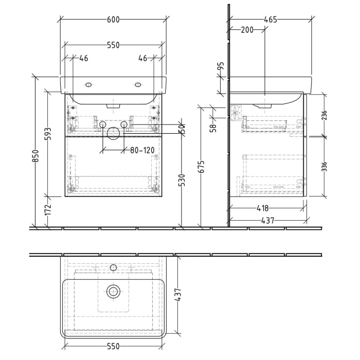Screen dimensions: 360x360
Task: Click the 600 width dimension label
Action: point(114,20)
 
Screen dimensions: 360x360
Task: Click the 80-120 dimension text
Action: point(141,151)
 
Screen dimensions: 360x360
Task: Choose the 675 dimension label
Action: point(202,167)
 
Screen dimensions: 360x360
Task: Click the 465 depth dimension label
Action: point(270,20)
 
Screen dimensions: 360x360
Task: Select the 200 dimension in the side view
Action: point(247,30)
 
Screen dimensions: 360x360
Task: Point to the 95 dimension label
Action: point(221,67)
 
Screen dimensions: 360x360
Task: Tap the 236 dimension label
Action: point(324,115)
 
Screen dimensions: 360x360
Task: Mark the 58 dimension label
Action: point(213,126)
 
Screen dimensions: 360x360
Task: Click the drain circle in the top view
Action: point(114,292)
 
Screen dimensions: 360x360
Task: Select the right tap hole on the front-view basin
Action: point(138,84)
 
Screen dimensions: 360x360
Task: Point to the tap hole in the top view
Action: point(114,267)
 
